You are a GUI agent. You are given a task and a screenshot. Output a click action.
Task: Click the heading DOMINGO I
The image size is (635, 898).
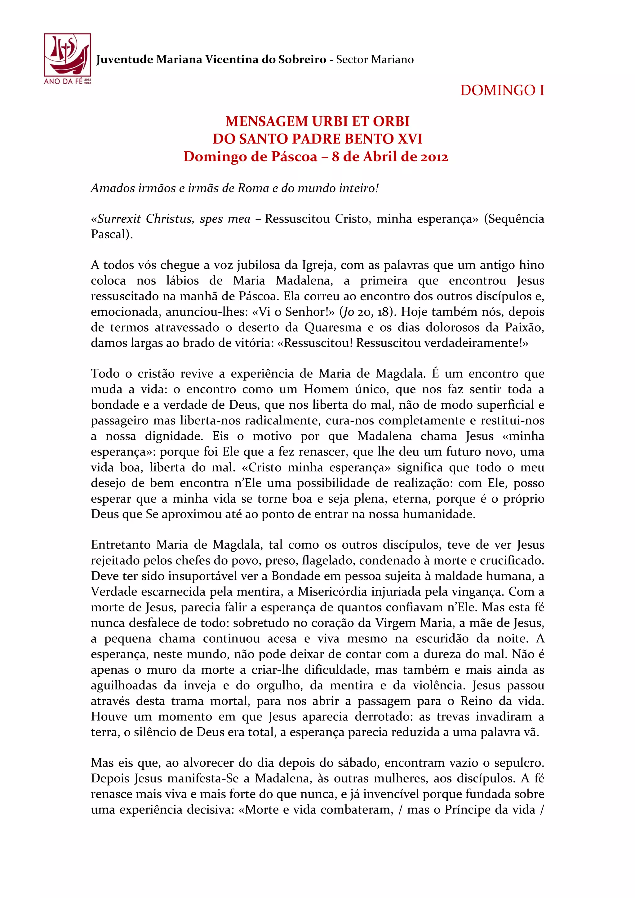coord(502,90)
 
